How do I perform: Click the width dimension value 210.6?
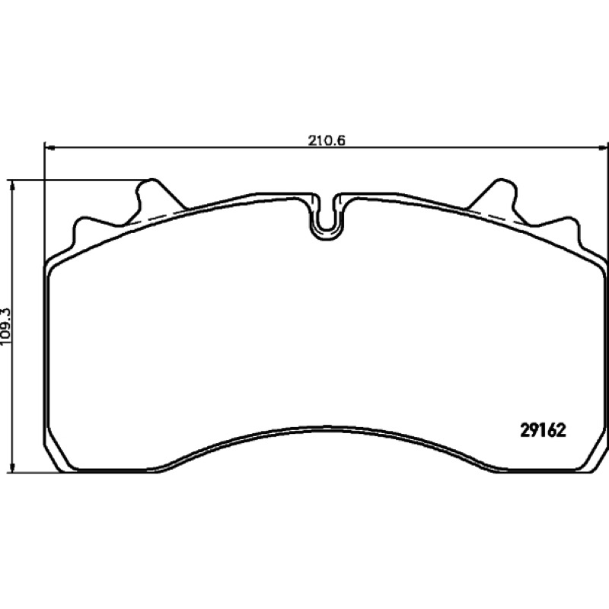(327, 140)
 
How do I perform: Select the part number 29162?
(543, 430)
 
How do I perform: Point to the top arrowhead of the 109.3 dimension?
(13, 186)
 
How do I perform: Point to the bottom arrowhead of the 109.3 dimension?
(13, 467)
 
